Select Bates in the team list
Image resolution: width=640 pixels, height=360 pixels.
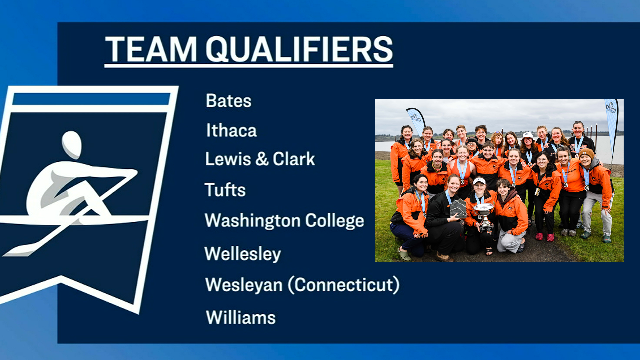click(x=228, y=101)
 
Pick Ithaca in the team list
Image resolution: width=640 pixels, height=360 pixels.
click(x=231, y=130)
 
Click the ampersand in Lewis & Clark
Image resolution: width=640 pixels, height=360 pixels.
click(x=262, y=159)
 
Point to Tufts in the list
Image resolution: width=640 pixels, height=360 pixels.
click(x=225, y=190)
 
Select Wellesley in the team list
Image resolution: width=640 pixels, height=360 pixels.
click(x=243, y=254)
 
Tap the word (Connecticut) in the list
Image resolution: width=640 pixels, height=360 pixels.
click(x=343, y=285)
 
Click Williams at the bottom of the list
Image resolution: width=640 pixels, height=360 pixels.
click(x=241, y=317)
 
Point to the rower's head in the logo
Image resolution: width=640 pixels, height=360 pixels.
click(x=72, y=144)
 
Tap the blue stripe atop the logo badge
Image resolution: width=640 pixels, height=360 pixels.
click(x=91, y=99)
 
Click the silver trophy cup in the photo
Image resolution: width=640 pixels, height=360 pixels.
click(x=484, y=213)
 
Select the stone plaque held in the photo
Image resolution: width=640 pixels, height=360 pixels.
click(x=458, y=208)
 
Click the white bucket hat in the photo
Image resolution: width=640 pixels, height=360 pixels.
click(x=528, y=135)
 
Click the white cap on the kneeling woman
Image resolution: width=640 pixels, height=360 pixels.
click(x=479, y=181)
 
